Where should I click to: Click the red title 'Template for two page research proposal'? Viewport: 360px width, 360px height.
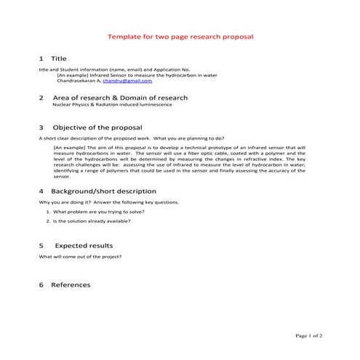click(x=180, y=36)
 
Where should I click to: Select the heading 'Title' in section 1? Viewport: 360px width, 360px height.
click(x=58, y=57)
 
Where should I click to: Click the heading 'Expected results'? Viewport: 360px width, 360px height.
click(x=84, y=246)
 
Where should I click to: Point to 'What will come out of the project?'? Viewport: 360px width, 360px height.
click(x=80, y=257)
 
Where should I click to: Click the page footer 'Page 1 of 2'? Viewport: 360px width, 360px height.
click(x=309, y=336)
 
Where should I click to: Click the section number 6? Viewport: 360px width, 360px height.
click(x=41, y=285)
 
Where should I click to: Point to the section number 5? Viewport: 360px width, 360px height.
click(x=41, y=246)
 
